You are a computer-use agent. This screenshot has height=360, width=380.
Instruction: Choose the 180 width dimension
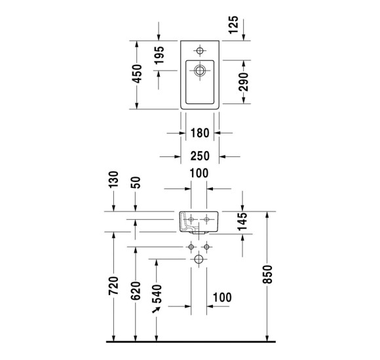pos(199,134)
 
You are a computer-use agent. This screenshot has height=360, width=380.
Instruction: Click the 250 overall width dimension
pos(199,157)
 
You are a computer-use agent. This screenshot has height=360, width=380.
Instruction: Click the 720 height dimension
pos(113,289)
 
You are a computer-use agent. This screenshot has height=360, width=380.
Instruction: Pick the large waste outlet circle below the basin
pos(199,260)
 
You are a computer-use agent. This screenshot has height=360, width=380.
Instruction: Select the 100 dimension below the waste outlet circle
pos(223,298)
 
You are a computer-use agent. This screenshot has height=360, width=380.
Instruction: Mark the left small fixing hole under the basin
pos(191,247)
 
